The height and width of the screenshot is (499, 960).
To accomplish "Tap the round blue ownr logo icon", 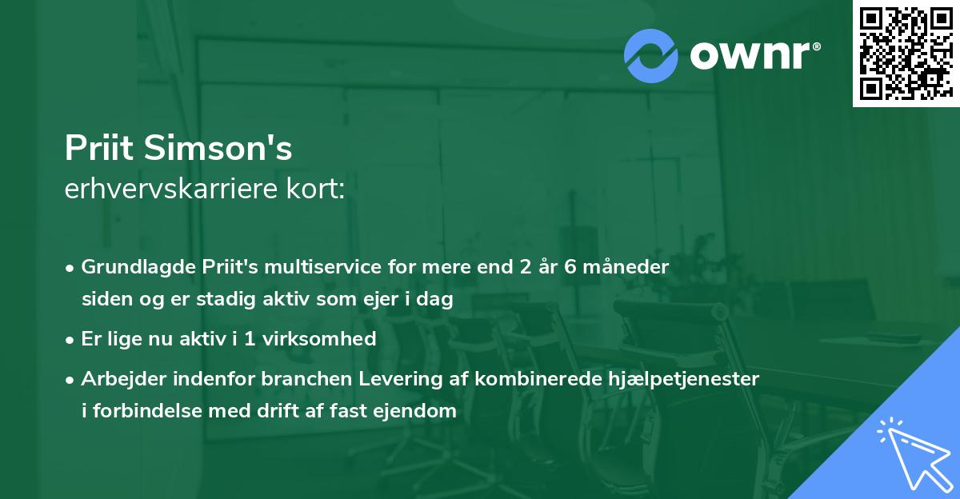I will (x=651, y=55).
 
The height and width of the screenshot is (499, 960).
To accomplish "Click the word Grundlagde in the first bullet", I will (x=130, y=267).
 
